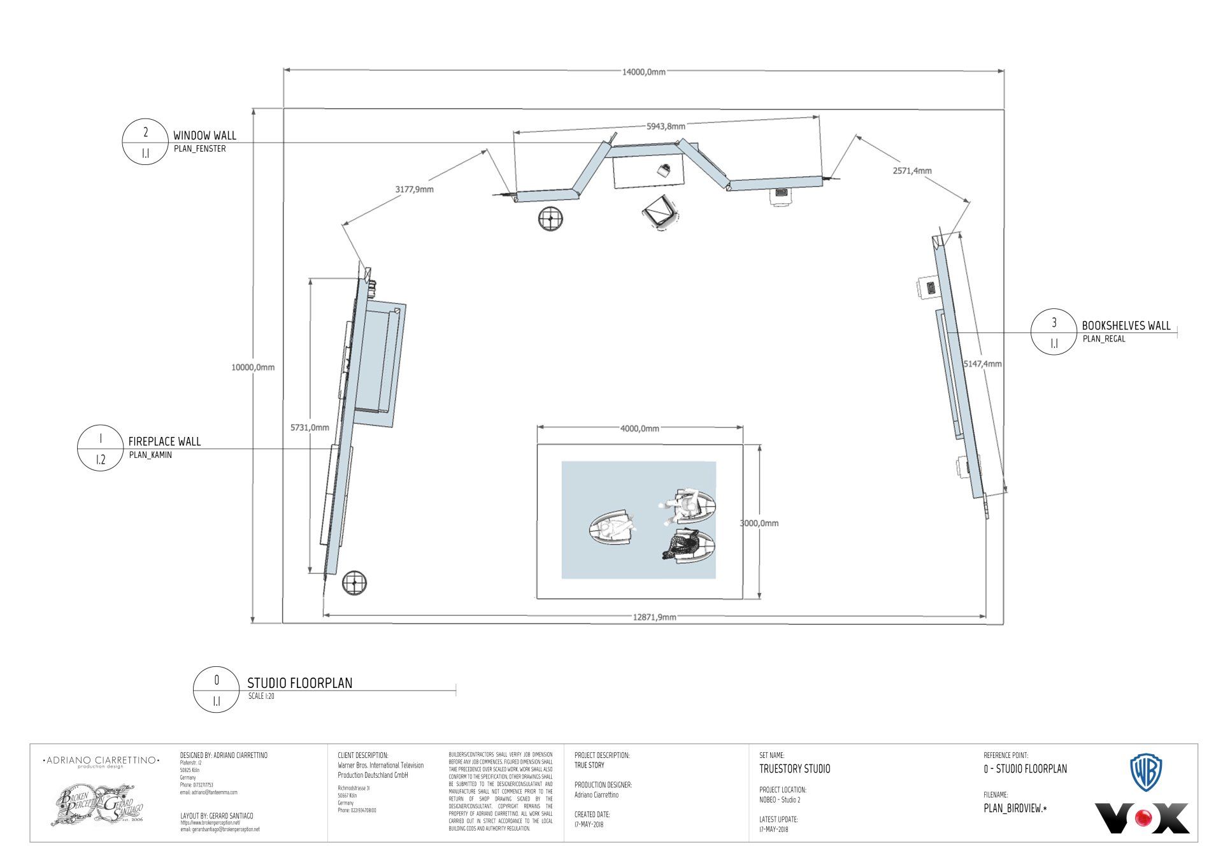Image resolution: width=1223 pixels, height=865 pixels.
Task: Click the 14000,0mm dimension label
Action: click(643, 72)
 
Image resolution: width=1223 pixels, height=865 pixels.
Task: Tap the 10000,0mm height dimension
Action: click(253, 367)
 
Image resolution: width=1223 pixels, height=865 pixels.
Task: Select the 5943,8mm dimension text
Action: click(666, 126)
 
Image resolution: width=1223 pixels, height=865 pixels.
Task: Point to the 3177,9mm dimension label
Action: click(414, 189)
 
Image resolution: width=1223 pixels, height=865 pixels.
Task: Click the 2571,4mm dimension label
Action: click(912, 171)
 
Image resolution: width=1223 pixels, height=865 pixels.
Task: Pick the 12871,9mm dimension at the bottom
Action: click(654, 617)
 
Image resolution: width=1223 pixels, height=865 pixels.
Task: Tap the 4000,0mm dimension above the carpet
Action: click(640, 429)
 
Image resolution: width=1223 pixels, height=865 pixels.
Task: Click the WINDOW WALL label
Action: click(204, 135)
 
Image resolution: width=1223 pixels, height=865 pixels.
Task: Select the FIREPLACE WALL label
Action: click(164, 441)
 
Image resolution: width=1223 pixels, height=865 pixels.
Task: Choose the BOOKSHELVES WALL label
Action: click(1126, 325)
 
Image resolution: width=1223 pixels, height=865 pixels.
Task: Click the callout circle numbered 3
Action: click(1054, 332)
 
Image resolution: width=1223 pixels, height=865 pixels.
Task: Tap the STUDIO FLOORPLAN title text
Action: click(299, 683)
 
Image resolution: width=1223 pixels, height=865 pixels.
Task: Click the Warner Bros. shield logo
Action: click(1146, 772)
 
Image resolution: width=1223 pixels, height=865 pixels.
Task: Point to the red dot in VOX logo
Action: click(1145, 818)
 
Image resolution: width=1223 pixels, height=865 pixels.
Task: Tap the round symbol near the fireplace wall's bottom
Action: click(355, 582)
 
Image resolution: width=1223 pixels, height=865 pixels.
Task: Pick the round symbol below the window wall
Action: click(550, 218)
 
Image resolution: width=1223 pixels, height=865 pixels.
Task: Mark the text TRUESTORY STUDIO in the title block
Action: click(794, 769)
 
